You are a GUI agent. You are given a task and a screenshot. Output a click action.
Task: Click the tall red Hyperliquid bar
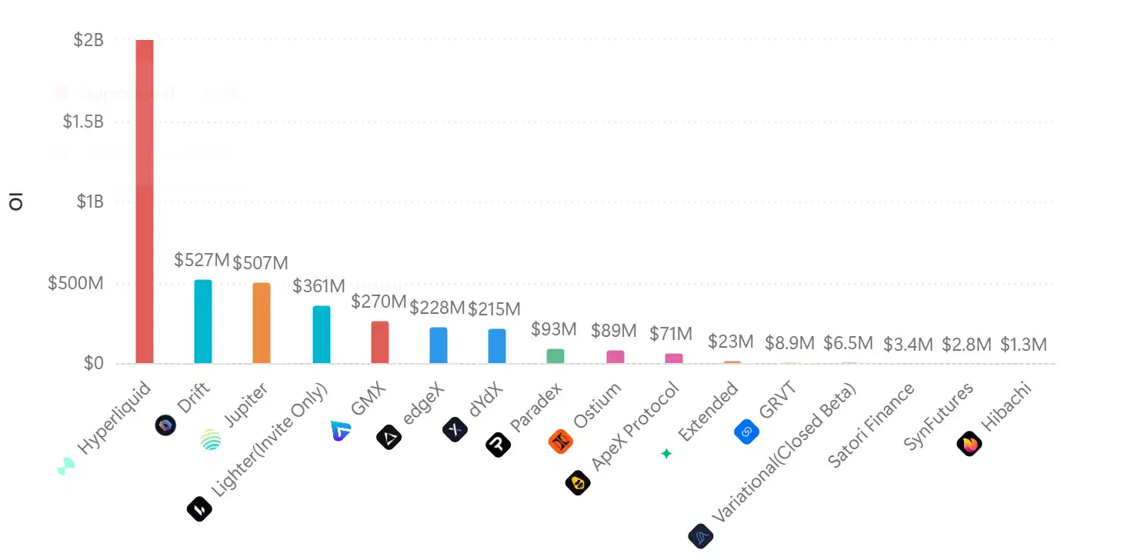144,202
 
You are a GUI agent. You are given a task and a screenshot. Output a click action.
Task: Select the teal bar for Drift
202,322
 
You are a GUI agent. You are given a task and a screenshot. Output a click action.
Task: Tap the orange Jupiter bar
262,323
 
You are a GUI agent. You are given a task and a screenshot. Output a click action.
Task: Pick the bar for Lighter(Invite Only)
321,335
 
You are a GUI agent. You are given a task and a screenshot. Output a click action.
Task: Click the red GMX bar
380,342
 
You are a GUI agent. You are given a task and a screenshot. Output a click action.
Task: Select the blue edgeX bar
439,345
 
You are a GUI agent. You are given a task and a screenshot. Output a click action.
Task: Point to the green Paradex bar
555,356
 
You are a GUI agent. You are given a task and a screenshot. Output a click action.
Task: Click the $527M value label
202,260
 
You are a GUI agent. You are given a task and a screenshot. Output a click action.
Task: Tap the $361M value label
319,286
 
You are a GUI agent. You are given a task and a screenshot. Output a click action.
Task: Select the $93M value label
554,329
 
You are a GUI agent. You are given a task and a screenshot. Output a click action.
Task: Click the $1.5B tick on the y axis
83,122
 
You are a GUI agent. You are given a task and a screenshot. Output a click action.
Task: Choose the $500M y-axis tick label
75,283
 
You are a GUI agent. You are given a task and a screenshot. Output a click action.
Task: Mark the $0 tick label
93,363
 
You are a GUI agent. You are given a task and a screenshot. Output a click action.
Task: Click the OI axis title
15,202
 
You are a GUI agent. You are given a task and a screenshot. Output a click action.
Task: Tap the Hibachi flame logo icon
969,444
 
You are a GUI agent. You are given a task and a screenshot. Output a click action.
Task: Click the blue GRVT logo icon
746,432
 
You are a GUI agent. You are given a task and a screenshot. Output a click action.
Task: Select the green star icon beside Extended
666,454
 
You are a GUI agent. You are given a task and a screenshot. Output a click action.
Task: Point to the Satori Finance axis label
871,425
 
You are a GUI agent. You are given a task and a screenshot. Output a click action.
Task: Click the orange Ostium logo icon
560,442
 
